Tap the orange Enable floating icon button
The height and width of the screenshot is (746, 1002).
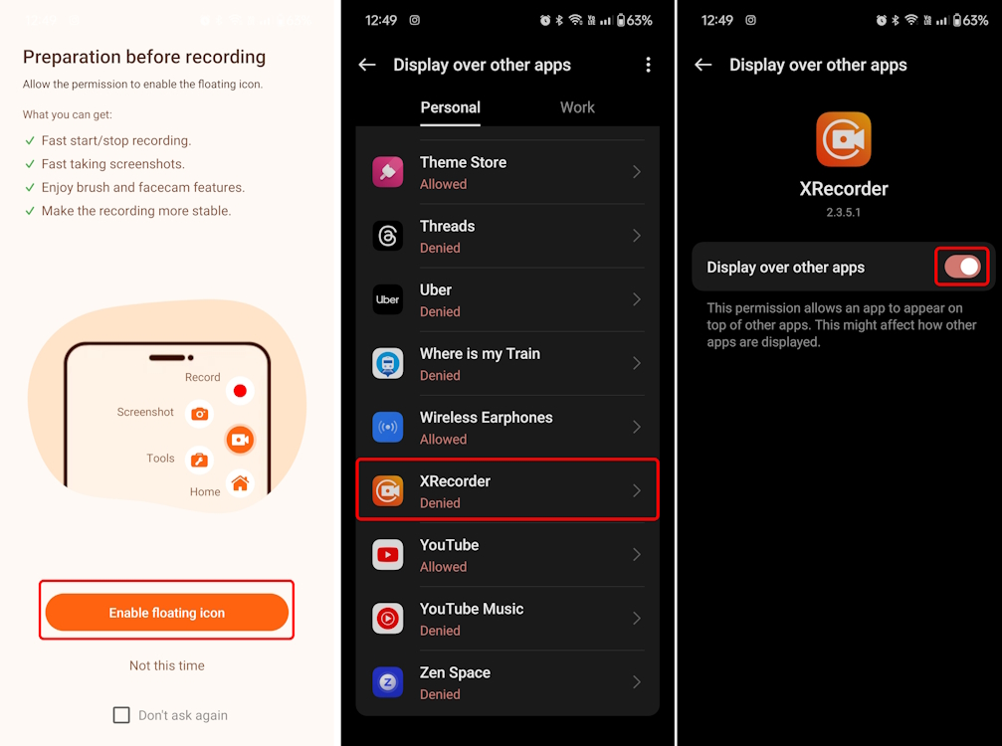[166, 613]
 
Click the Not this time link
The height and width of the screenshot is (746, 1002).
[166, 665]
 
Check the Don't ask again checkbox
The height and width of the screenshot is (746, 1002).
[121, 715]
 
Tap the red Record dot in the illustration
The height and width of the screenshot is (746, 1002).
[240, 391]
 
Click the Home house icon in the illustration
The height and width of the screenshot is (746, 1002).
[240, 484]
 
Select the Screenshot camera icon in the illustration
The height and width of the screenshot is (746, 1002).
[200, 414]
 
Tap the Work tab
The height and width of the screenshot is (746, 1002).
[577, 107]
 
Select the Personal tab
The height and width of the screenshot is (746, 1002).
[450, 107]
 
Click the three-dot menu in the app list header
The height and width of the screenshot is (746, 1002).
[648, 65]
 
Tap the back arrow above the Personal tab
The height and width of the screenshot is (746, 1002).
[367, 65]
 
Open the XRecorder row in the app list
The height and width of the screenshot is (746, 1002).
[507, 490]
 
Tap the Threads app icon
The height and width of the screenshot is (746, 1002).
[388, 236]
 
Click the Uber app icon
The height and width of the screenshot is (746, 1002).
[388, 299]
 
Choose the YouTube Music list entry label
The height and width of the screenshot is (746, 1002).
[471, 609]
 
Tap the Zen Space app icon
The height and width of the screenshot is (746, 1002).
[388, 681]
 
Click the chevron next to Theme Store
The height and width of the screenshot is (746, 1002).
[637, 172]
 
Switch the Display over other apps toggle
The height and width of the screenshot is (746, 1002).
[962, 267]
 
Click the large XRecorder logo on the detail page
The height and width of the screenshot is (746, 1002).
[844, 139]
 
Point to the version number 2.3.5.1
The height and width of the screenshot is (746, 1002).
[844, 213]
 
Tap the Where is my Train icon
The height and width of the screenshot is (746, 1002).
[388, 363]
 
